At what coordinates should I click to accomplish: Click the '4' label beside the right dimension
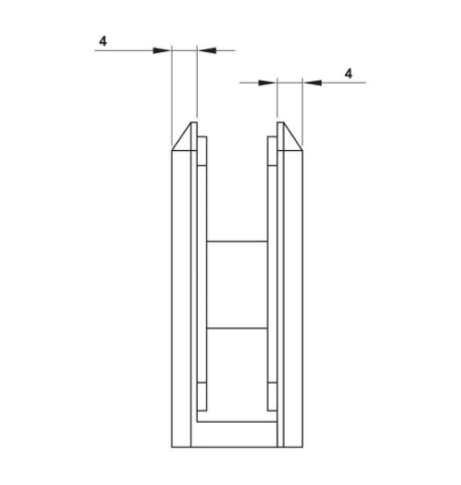pos(348,72)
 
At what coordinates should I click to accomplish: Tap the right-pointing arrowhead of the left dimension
pos(164,50)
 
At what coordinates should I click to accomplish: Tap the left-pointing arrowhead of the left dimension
pos(202,50)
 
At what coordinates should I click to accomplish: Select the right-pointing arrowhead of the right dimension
pos(270,83)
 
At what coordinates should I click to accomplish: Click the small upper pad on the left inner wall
pos(202,151)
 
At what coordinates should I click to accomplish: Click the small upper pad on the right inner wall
pos(270,151)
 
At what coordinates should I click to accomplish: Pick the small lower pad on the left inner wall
pos(202,394)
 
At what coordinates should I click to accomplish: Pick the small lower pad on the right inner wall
pos(270,394)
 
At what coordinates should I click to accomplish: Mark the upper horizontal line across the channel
pos(236,241)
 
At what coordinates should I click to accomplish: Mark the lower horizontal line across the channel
pos(236,327)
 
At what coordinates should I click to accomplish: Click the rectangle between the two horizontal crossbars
pos(236,284)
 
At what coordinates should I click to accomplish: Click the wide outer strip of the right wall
pos(293,296)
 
